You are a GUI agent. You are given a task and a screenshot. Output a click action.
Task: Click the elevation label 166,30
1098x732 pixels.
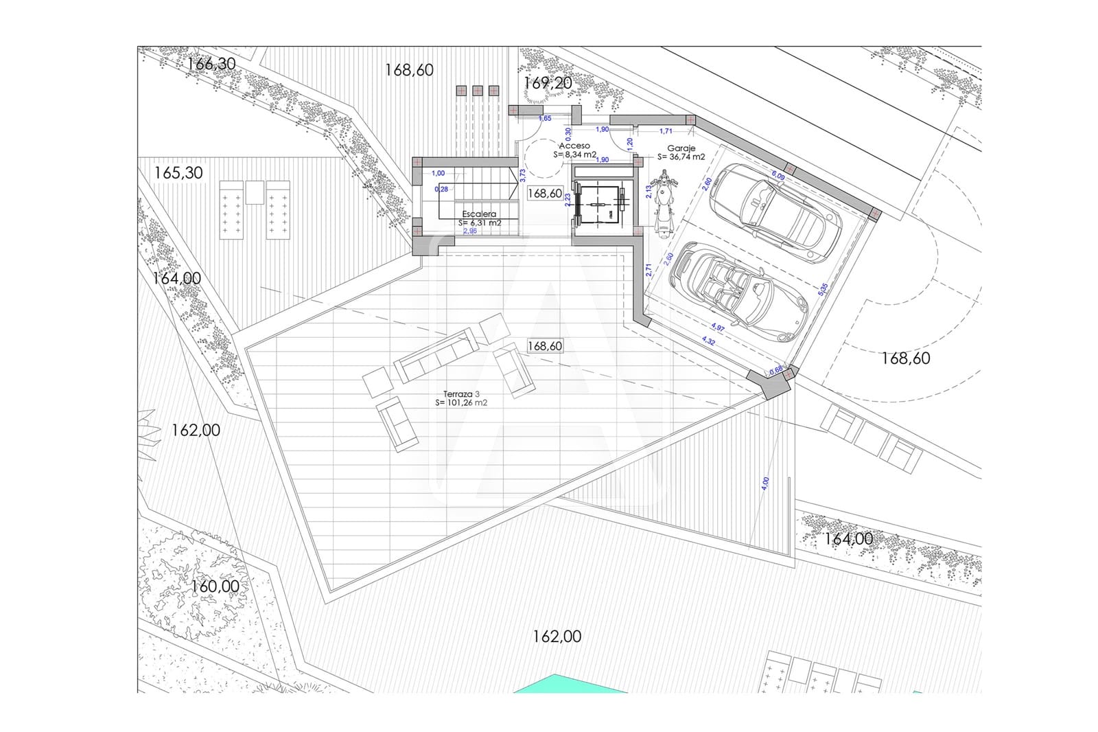click(211, 64)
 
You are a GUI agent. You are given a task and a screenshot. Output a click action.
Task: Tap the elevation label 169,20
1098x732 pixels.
click(548, 83)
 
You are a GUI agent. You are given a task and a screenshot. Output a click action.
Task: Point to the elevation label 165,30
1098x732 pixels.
click(178, 172)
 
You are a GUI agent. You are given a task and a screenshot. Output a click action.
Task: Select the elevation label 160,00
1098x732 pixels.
click(215, 586)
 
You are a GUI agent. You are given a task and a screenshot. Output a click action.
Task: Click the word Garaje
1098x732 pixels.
click(681, 148)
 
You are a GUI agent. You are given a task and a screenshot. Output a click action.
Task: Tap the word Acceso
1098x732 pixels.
click(574, 146)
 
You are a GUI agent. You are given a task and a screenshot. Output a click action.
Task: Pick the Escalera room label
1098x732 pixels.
click(479, 214)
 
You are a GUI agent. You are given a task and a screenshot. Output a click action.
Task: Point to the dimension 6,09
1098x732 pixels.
click(778, 176)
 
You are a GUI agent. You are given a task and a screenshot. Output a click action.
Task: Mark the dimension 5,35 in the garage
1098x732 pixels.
click(823, 290)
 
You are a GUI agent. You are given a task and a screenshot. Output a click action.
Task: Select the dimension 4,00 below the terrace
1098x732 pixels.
click(766, 483)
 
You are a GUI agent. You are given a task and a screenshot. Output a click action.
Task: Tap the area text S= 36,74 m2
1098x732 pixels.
click(681, 157)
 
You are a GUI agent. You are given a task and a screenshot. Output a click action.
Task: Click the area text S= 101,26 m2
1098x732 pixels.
click(461, 403)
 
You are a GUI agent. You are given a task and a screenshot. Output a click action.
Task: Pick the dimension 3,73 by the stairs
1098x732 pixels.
click(523, 177)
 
